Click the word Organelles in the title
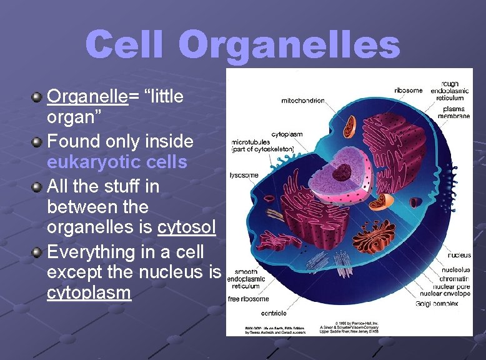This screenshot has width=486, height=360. pos(289,45)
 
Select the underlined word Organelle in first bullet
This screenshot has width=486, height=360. pos(87,96)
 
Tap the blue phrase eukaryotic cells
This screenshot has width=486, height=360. pos(117,162)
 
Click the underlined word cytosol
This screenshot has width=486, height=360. pos(187,227)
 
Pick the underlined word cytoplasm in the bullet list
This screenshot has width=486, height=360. pos(89,292)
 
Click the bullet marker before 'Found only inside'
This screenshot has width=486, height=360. pos(37,142)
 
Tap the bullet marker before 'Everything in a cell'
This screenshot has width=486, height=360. pos(37,252)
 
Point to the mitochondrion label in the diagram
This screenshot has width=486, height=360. pos(303,100)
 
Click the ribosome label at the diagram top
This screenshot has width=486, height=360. pos(408,90)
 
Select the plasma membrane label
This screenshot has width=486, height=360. pos(454,112)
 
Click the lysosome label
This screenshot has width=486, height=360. pos(244,175)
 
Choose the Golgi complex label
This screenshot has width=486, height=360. pos(437,303)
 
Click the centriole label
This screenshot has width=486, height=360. pos(274,312)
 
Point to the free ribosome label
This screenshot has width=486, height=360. pos(248,299)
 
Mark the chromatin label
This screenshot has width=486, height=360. pos(455,278)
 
